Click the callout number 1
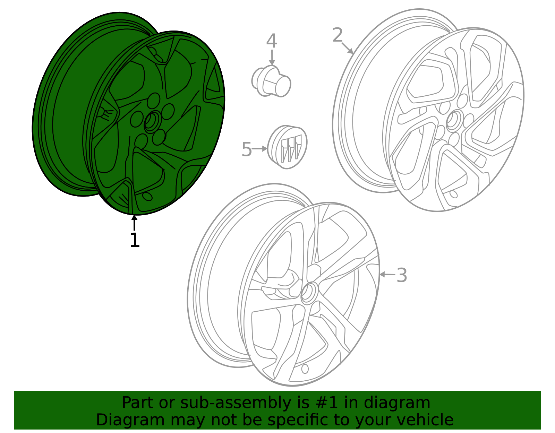click(135, 240)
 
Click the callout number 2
click(338, 35)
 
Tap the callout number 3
click(402, 275)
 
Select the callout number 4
click(272, 41)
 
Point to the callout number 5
click(247, 149)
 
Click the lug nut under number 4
click(271, 81)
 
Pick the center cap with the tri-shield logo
click(287, 147)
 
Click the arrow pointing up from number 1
click(134, 223)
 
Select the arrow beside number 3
click(387, 275)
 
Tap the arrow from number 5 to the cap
click(259, 148)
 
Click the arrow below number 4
click(272, 58)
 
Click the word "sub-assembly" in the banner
click(236, 402)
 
